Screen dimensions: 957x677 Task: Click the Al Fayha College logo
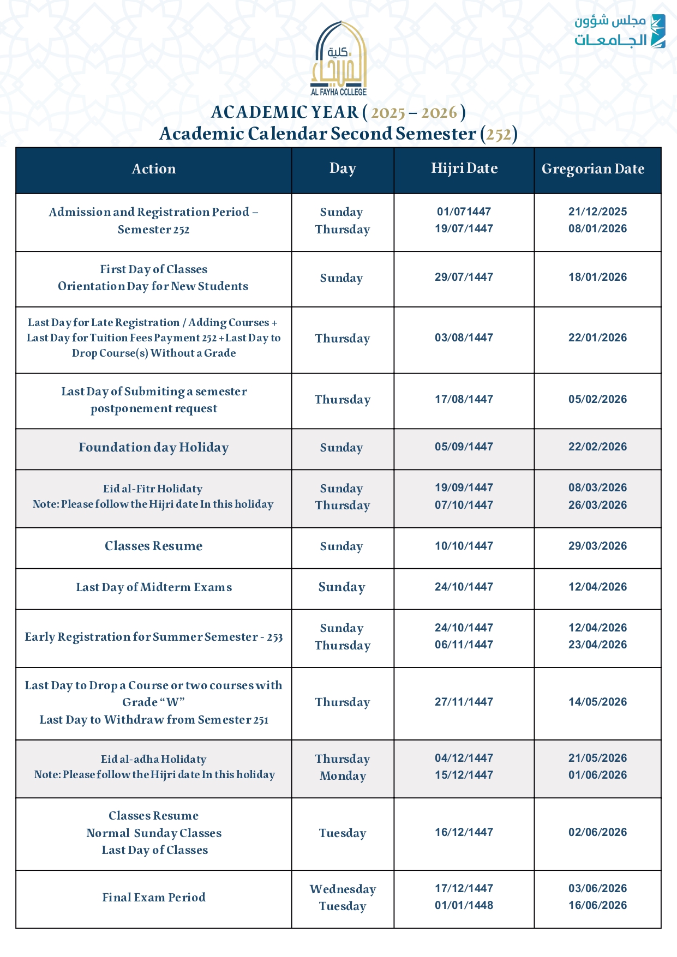tap(339, 59)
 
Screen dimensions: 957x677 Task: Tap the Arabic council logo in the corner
tap(619, 31)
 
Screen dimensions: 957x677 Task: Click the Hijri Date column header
tap(464, 168)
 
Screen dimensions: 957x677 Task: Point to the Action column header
tap(154, 169)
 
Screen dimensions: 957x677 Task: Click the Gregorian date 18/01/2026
tap(597, 278)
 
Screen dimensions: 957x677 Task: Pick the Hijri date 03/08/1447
tap(464, 338)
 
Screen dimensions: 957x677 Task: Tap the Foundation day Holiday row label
tap(154, 448)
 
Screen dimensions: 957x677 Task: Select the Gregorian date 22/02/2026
tap(597, 447)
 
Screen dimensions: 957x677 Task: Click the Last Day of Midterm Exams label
tap(154, 587)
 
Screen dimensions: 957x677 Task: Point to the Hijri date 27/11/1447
tap(464, 702)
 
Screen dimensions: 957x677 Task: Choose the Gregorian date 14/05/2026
tap(597, 702)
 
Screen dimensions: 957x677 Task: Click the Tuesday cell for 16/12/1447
tap(343, 833)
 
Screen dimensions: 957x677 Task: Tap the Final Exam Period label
tap(154, 898)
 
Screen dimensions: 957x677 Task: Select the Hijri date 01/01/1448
tap(464, 906)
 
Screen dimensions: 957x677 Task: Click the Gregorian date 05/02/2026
tap(597, 400)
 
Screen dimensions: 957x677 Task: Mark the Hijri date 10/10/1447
tap(464, 546)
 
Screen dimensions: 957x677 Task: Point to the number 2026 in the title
tap(439, 113)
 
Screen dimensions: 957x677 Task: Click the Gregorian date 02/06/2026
tap(597, 833)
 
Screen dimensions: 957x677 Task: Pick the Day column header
tap(343, 168)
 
